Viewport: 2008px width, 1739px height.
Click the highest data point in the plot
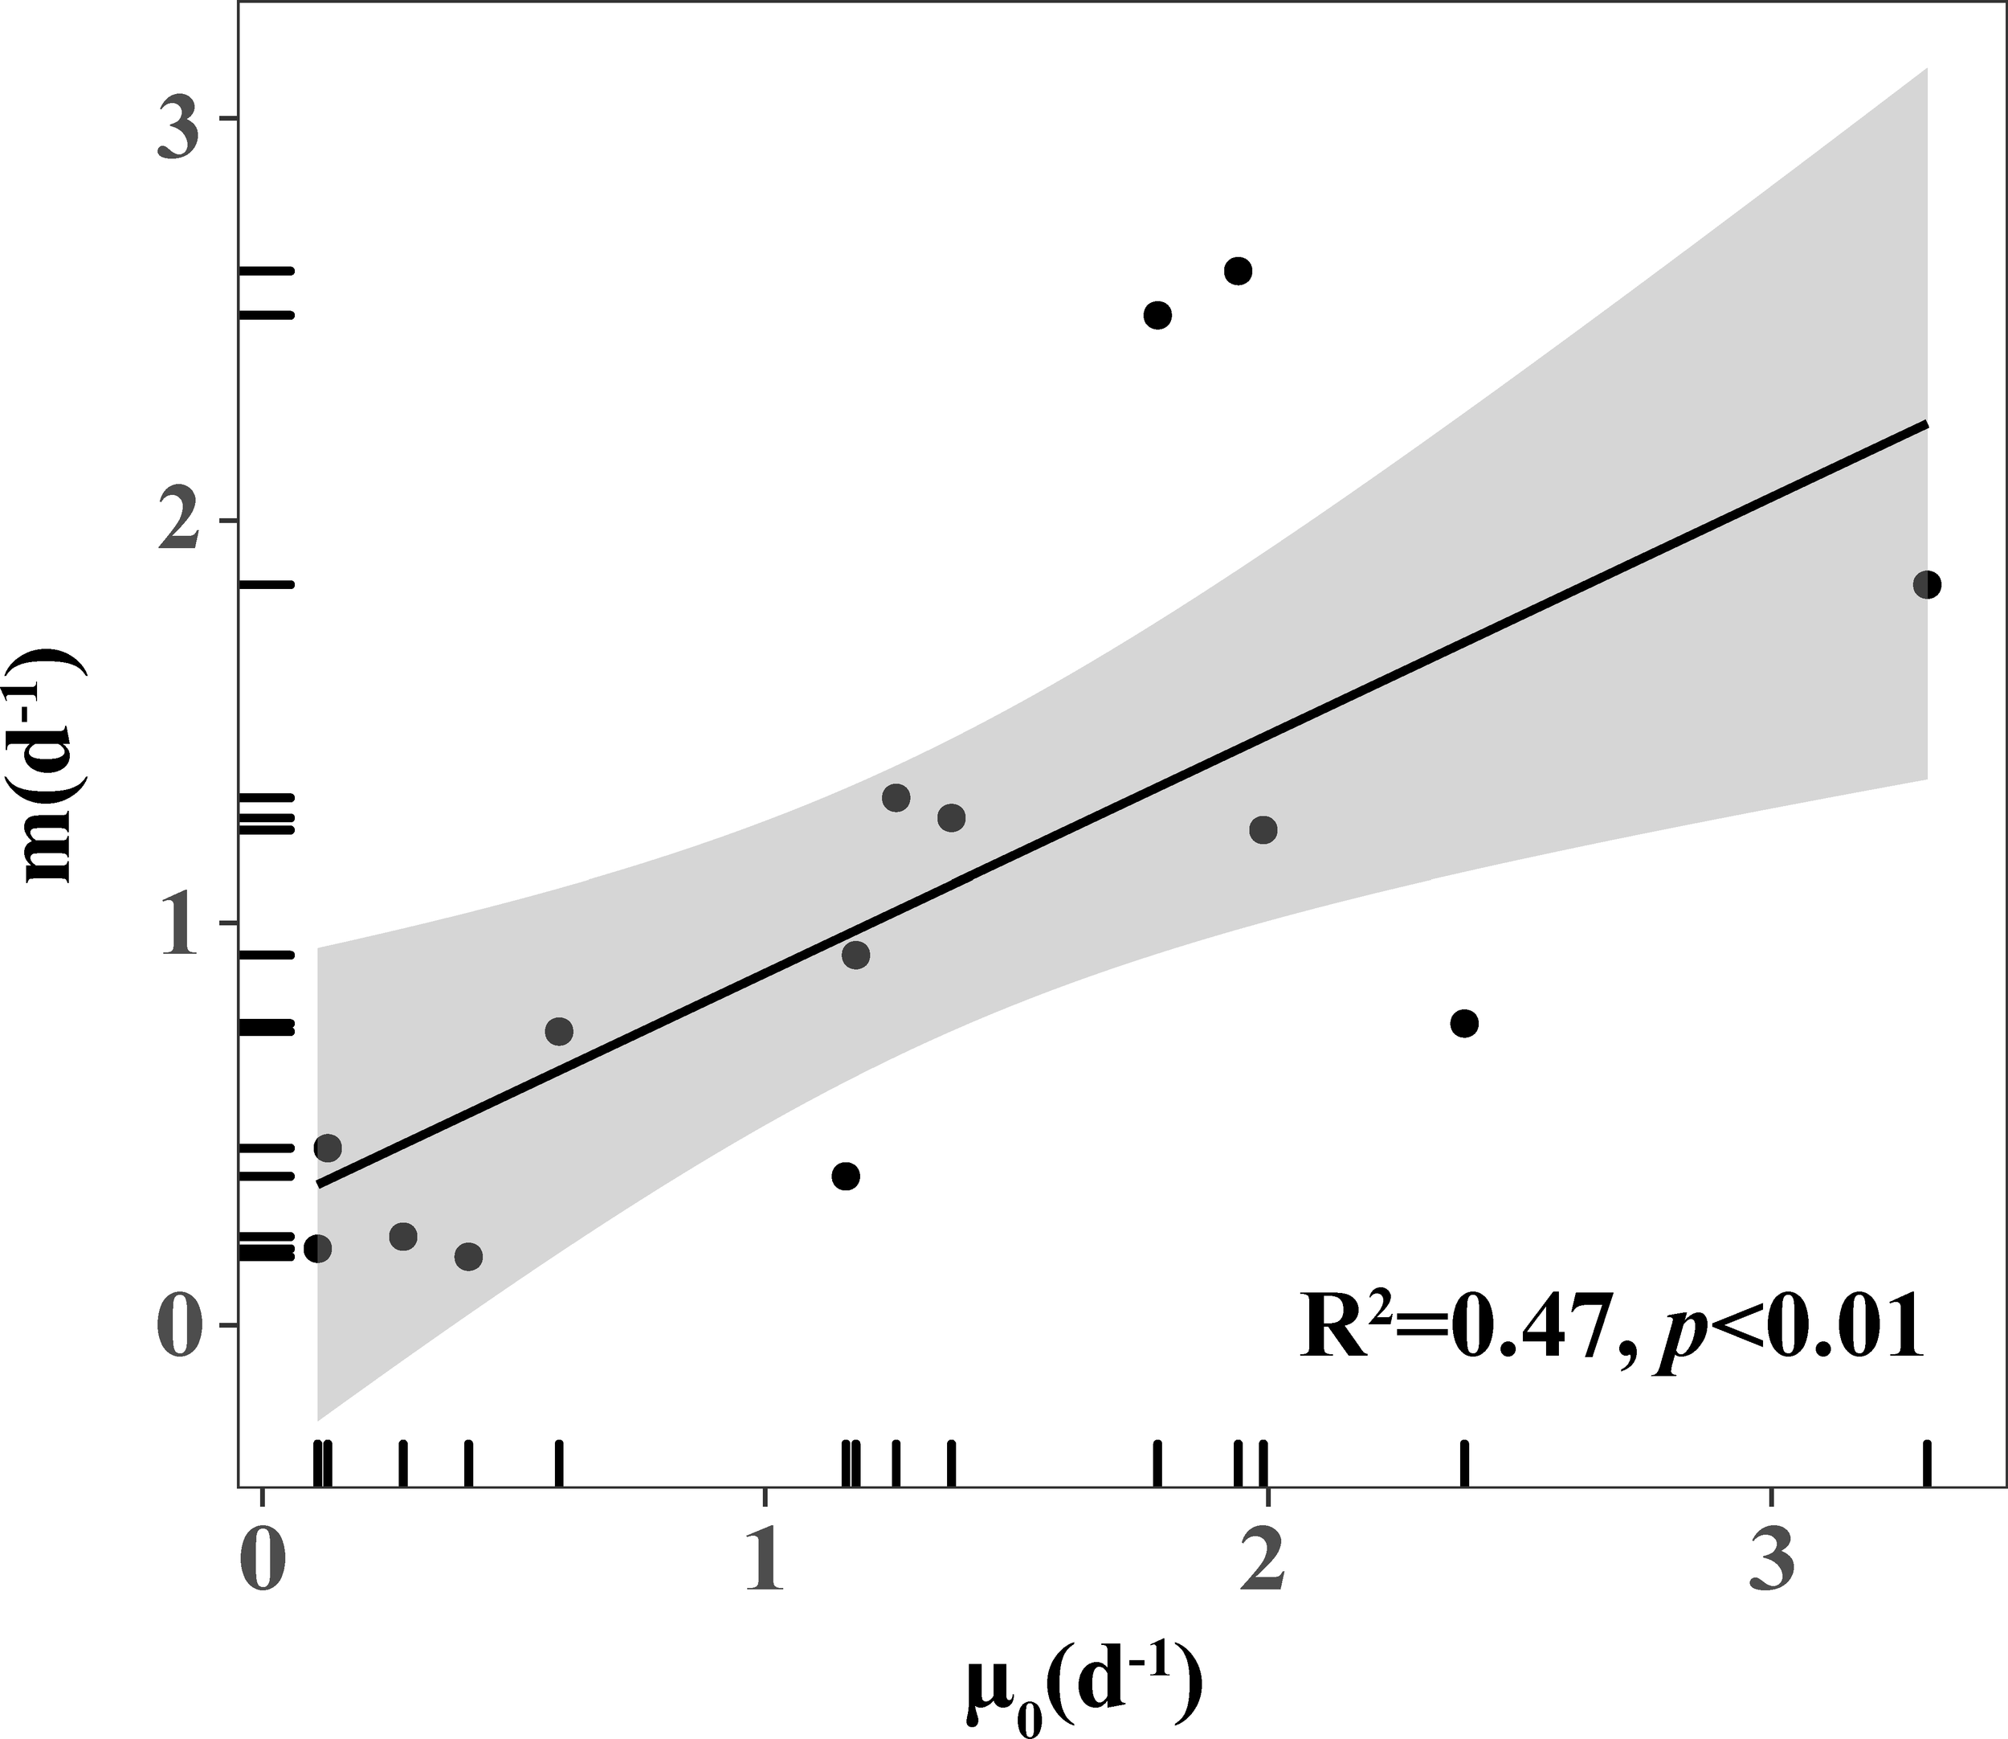[1238, 271]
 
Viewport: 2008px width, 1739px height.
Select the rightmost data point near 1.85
[1927, 584]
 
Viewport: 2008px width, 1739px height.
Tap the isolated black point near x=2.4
[1465, 1023]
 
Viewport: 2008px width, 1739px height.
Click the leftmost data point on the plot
[317, 1248]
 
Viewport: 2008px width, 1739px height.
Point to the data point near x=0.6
[559, 1030]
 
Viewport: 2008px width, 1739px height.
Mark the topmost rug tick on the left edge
[266, 271]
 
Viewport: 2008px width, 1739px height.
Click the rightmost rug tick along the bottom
[1927, 1464]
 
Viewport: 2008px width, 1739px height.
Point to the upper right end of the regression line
[1924, 424]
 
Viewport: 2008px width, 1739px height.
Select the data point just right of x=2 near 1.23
[1263, 829]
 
